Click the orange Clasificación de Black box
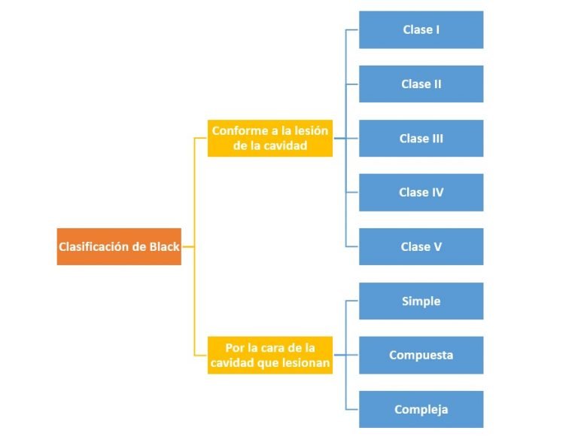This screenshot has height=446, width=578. click(x=119, y=246)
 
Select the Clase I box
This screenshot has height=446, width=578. click(x=421, y=30)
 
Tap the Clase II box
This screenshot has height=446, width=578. click(x=421, y=84)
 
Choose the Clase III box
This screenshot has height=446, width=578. click(x=421, y=139)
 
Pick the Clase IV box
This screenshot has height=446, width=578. click(x=421, y=193)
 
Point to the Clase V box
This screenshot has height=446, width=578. click(x=421, y=247)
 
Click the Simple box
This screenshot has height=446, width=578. click(x=421, y=301)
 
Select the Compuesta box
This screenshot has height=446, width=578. click(x=421, y=356)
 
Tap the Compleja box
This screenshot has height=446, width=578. click(x=421, y=410)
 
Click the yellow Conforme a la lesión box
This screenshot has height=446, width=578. click(x=270, y=139)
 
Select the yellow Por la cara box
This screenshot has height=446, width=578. click(x=270, y=356)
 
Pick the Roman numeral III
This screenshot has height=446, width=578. click(x=437, y=139)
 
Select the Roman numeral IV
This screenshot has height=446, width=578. click(x=437, y=193)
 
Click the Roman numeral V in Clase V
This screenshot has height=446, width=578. click(x=438, y=247)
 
